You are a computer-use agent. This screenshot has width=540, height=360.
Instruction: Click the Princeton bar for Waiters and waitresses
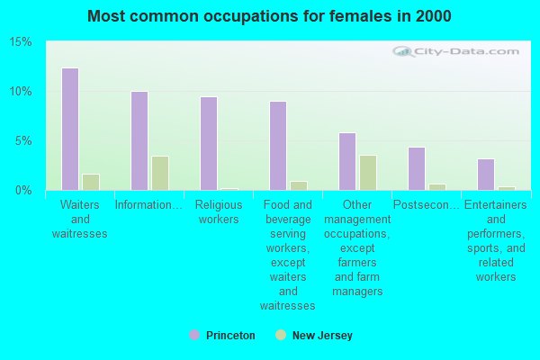(x=70, y=129)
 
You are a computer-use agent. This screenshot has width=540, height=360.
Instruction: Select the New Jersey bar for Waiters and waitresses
(x=91, y=182)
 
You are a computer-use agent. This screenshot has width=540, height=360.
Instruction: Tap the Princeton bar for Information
(x=139, y=140)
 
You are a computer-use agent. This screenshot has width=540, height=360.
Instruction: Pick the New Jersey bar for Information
(x=160, y=173)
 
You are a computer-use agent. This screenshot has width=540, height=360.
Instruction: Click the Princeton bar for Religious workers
(x=209, y=143)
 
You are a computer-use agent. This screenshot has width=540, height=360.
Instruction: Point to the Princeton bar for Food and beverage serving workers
(x=278, y=145)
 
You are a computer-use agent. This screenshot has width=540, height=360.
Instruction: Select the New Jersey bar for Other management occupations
(x=368, y=173)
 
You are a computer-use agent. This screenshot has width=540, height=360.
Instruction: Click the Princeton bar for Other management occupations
(x=347, y=161)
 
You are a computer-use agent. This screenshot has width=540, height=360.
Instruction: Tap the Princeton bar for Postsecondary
(x=417, y=168)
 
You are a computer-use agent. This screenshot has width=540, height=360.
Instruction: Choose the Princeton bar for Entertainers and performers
(x=486, y=174)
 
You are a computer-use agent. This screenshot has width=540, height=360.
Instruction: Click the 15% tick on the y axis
(x=21, y=42)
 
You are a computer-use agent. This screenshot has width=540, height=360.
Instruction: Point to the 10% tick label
(x=21, y=92)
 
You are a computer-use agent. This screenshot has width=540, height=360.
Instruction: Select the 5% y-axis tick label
(x=23, y=141)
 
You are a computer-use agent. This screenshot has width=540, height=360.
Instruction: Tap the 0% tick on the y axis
(x=23, y=191)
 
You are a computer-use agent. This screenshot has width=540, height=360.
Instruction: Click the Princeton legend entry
(x=222, y=336)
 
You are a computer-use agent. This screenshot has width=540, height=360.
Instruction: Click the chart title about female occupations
(x=270, y=16)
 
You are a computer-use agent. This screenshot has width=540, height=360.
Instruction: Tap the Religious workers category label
(x=219, y=211)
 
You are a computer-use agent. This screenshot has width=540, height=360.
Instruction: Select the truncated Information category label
(x=148, y=204)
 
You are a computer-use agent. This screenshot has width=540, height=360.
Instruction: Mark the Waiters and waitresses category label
(x=80, y=219)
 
